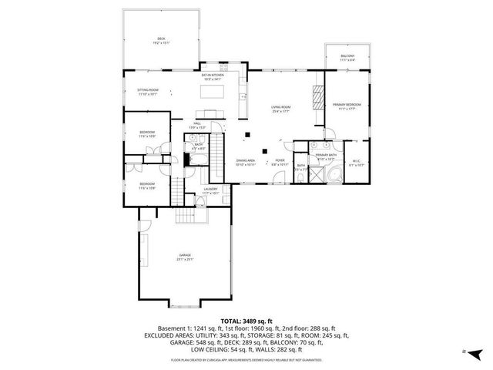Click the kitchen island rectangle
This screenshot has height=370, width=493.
213,92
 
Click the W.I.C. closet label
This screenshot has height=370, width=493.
356,162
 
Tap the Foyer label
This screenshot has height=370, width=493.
280,162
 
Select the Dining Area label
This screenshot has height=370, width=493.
246,162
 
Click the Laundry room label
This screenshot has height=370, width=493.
211,190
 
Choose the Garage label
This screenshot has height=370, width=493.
186,256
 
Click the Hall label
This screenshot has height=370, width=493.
197,125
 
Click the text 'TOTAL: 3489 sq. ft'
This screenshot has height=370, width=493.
246,320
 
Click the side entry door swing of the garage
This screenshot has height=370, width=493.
143,227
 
